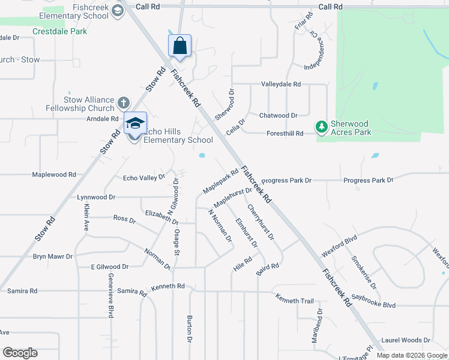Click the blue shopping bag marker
click(179, 46)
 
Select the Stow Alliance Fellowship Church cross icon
click(124, 103)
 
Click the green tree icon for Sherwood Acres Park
click(322, 127)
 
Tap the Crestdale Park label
click(60, 31)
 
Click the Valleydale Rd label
click(280, 85)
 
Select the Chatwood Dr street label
click(278, 115)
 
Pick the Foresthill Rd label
click(285, 133)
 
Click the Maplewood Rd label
click(54, 175)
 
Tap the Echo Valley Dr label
click(143, 178)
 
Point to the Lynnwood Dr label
click(96, 197)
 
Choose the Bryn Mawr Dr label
click(53, 256)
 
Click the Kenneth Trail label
click(295, 298)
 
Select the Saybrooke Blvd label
click(373, 301)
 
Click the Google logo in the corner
click(20, 353)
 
